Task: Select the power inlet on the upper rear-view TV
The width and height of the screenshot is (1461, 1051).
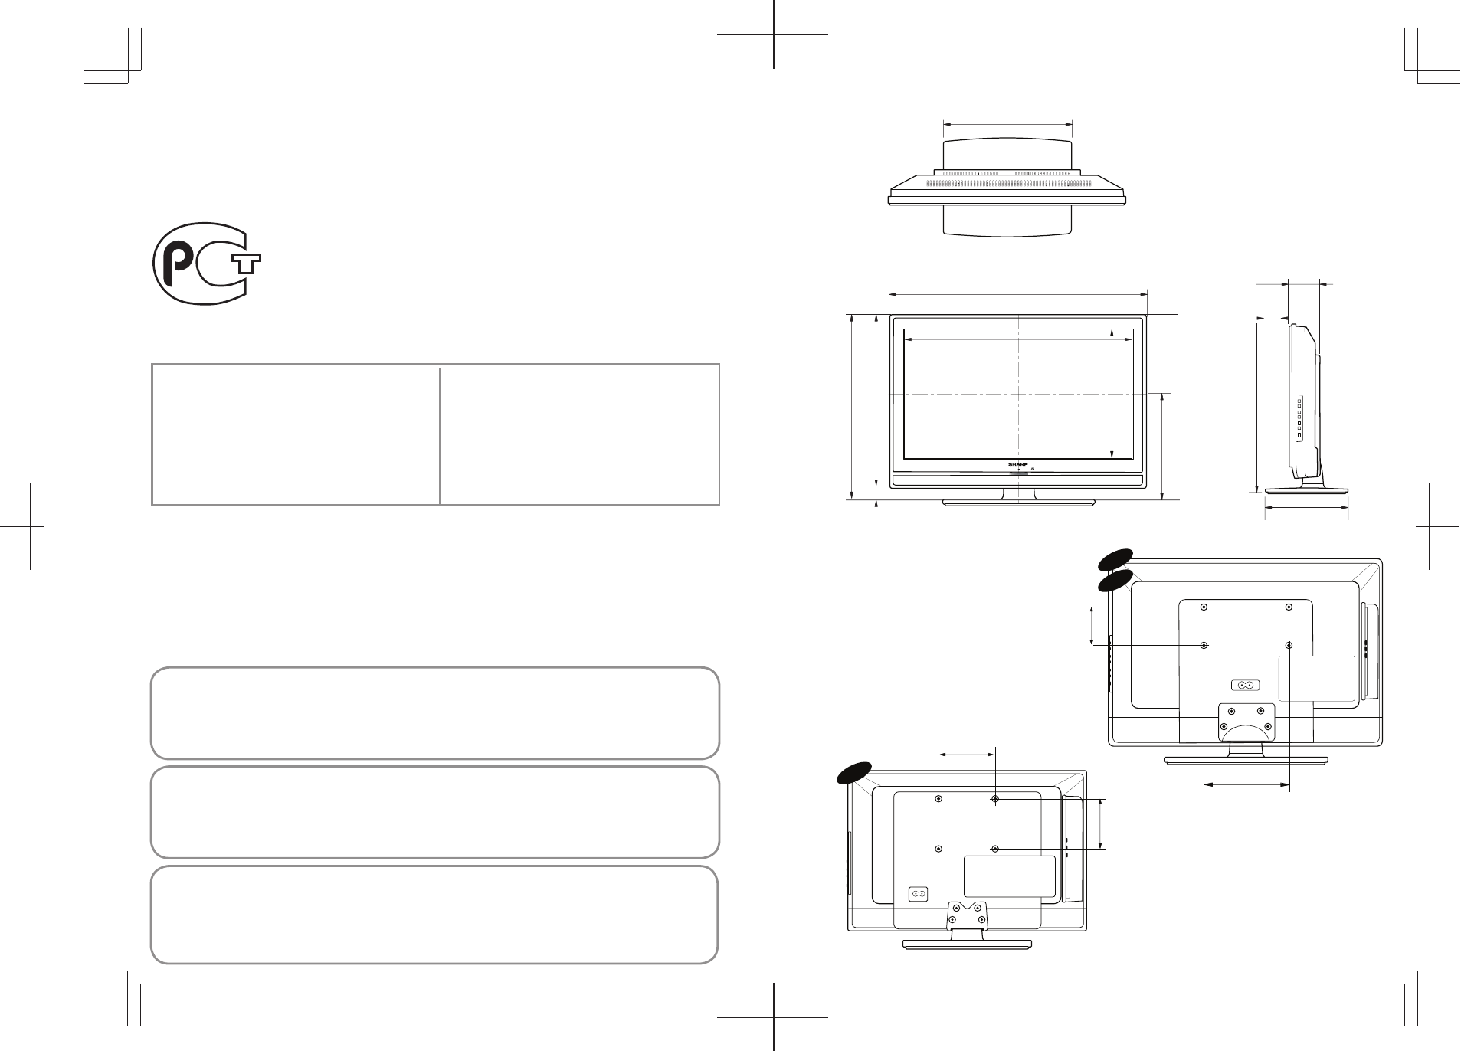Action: [x=1244, y=686]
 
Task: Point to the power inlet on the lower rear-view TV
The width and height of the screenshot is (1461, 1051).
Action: [x=917, y=894]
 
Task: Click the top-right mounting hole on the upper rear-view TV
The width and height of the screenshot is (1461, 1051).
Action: [x=1289, y=607]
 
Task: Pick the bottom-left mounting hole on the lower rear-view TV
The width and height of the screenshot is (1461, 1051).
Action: [x=939, y=849]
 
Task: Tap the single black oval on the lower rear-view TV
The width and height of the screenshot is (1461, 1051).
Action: [x=853, y=774]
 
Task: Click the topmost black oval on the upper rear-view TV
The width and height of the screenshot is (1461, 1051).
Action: [x=1115, y=560]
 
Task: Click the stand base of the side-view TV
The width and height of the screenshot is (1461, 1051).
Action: [x=1306, y=490]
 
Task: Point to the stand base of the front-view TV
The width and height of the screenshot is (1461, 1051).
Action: [x=1018, y=503]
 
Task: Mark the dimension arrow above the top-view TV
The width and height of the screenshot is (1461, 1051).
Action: [x=1007, y=123]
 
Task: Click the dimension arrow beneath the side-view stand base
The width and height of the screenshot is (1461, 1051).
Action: [x=1305, y=507]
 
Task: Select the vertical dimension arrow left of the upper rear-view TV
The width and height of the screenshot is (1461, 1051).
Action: [x=1091, y=626]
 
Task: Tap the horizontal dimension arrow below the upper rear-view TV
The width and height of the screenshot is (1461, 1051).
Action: [x=1246, y=784]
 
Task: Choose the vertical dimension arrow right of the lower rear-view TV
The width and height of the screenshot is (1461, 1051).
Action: [x=1102, y=824]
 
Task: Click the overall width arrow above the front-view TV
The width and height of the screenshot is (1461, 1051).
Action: [x=1017, y=291]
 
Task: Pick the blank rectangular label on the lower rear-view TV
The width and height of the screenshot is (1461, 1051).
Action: [x=1008, y=876]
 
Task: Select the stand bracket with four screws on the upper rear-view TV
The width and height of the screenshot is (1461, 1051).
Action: [x=1246, y=720]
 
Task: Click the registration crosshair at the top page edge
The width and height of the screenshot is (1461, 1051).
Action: [x=774, y=34]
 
